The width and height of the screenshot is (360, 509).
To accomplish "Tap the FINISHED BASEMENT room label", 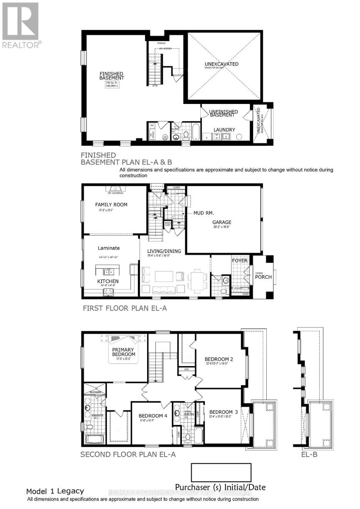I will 112,76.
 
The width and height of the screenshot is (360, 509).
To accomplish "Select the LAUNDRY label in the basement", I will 225,130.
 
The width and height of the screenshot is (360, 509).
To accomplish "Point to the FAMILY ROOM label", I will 111,204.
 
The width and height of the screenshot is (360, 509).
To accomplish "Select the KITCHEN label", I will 108,281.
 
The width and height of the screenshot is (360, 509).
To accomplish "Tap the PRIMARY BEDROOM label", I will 123,352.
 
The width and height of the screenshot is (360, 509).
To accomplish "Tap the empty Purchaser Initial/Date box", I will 221,472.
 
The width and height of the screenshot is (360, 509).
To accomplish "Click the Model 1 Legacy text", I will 55,491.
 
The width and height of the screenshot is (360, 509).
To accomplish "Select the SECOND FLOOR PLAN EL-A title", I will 128,454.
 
